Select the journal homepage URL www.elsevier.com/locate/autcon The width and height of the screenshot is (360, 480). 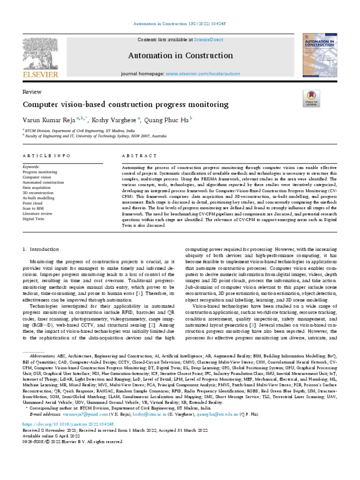203,74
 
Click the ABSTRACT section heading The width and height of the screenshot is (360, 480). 139,156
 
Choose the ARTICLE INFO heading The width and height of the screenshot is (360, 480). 46,156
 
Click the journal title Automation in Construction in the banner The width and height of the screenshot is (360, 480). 180,56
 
